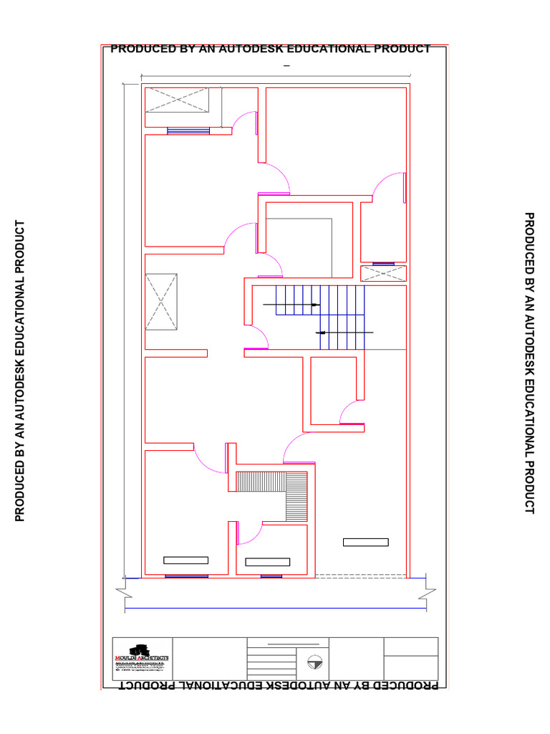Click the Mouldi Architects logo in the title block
[x=142, y=655]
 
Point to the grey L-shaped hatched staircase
[x=286, y=490]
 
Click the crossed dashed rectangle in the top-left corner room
[x=177, y=100]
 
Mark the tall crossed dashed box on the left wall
[x=161, y=302]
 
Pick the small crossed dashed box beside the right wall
[x=383, y=273]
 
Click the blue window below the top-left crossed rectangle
[x=188, y=130]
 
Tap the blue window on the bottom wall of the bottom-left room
[x=186, y=576]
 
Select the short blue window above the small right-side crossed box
[x=383, y=264]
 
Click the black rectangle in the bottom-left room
[x=185, y=560]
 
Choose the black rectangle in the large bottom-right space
[x=365, y=542]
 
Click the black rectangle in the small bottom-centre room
[x=267, y=561]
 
